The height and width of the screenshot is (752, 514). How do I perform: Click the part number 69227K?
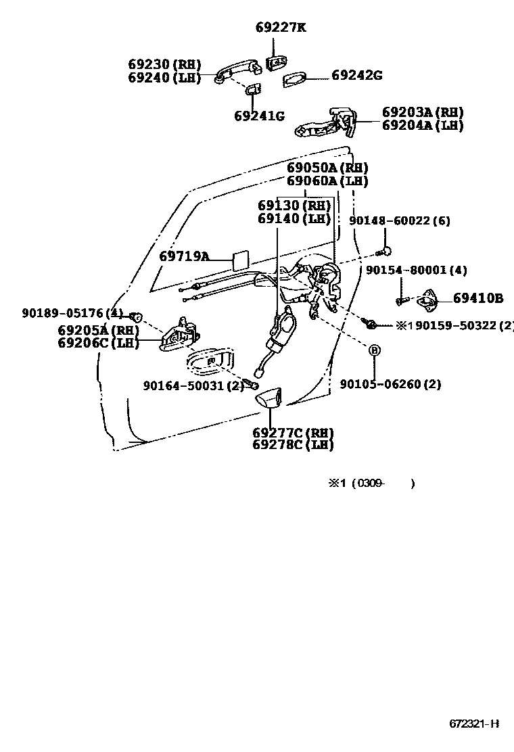pyautogui.click(x=280, y=28)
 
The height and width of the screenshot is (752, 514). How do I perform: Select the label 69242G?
pyautogui.click(x=356, y=76)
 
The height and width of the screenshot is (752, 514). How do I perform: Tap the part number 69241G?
pyautogui.click(x=259, y=115)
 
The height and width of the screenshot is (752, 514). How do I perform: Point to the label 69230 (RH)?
pyautogui.click(x=164, y=65)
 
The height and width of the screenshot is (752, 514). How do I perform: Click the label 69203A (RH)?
pyautogui.click(x=423, y=112)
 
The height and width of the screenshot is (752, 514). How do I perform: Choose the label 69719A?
pyautogui.click(x=184, y=256)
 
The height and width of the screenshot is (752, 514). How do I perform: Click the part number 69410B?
pyautogui.click(x=478, y=298)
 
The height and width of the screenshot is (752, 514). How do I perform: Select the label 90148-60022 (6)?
pyautogui.click(x=400, y=221)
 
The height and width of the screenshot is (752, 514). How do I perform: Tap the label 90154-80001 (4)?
pyautogui.click(x=416, y=271)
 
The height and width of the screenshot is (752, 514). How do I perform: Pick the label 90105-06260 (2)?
pyautogui.click(x=390, y=384)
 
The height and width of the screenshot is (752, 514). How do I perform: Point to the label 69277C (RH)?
pyautogui.click(x=293, y=433)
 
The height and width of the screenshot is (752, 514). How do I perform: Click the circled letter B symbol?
pyautogui.click(x=374, y=350)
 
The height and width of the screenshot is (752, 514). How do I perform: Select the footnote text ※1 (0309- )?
pyautogui.click(x=371, y=483)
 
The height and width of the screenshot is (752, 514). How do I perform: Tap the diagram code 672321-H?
pyautogui.click(x=474, y=723)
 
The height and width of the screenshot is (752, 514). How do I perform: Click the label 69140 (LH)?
pyautogui.click(x=294, y=218)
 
